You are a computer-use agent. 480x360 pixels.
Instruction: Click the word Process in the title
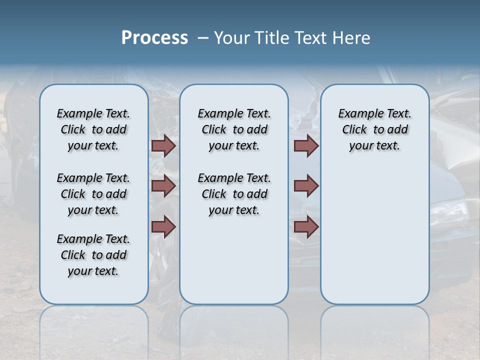tap(154, 38)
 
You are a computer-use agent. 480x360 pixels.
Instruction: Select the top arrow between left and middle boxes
tap(163, 145)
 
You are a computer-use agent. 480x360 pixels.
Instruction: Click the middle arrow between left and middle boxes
tap(163, 186)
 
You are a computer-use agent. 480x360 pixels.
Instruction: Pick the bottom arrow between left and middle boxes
tap(163, 227)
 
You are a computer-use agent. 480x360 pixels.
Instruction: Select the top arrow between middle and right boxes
tap(306, 145)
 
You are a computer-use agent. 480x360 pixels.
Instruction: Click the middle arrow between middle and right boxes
tap(306, 186)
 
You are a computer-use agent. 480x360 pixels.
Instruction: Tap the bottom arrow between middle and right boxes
tap(306, 227)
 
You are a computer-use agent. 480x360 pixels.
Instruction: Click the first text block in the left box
tap(93, 129)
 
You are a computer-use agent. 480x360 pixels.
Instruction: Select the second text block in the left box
tap(93, 194)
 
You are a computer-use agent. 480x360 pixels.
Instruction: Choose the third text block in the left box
tap(93, 255)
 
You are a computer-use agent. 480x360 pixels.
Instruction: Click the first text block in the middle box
tap(234, 129)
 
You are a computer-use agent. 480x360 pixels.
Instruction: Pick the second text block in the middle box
tap(234, 194)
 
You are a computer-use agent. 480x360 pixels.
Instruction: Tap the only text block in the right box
tap(374, 129)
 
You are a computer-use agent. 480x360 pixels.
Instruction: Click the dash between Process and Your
tap(203, 38)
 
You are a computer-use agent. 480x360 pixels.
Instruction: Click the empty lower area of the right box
tap(374, 240)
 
